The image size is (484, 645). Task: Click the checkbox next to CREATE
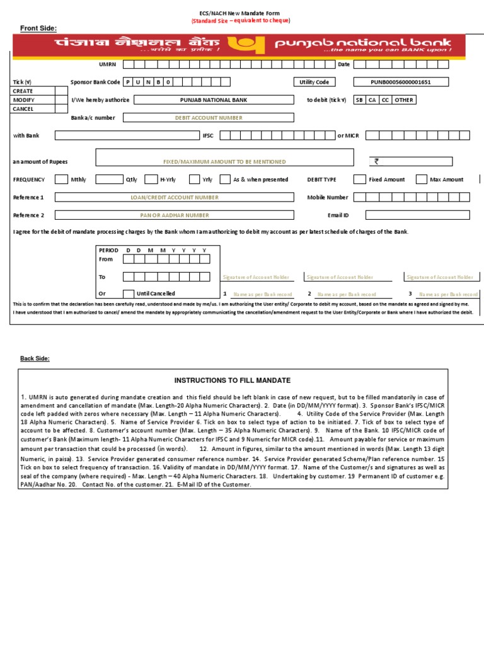(61, 91)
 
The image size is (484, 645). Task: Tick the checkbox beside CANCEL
(61, 108)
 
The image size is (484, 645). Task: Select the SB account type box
(359, 100)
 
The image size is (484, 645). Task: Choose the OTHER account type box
(403, 100)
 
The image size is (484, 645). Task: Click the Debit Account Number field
(208, 117)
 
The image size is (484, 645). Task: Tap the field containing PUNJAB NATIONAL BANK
(214, 100)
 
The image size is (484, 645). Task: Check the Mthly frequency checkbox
(61, 180)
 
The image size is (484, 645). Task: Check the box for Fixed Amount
(359, 180)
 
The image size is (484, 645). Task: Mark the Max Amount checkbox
(422, 180)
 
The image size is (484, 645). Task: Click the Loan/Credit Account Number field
(174, 197)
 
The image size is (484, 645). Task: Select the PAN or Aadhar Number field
(174, 215)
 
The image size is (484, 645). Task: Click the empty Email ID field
(417, 215)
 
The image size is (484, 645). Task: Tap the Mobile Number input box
(417, 197)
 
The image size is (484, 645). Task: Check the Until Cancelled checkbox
(128, 294)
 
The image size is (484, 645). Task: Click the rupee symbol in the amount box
(377, 161)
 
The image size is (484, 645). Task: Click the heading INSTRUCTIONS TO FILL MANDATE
(233, 380)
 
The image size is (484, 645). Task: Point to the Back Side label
(35, 358)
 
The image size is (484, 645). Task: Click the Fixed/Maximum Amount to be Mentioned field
(224, 161)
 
